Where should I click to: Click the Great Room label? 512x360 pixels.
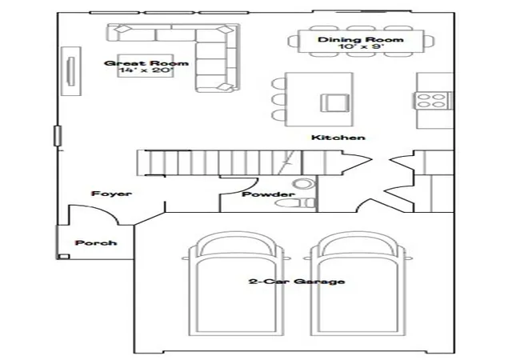[146, 63]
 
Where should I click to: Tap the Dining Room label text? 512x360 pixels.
[361, 39]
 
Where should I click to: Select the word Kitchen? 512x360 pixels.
[338, 138]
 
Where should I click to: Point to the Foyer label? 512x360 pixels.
[112, 194]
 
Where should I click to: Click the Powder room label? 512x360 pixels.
[268, 194]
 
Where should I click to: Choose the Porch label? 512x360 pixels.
[96, 242]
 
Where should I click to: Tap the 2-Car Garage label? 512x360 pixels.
[297, 282]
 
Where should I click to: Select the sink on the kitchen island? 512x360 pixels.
[334, 103]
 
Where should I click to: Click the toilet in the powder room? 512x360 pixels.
[294, 203]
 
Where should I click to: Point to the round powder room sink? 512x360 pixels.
[302, 183]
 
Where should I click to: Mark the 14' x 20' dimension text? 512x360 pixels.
[146, 70]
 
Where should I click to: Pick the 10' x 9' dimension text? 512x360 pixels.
[361, 46]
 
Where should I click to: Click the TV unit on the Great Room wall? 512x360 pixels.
[71, 71]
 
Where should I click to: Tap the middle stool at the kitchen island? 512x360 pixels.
[278, 99]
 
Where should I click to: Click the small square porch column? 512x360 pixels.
[64, 257]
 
